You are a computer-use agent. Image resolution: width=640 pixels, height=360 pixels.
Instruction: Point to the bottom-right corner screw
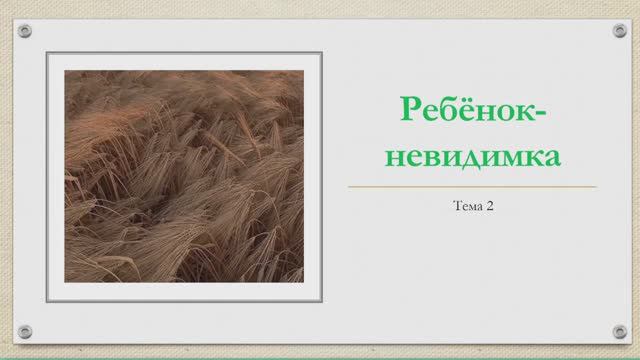click(619, 331)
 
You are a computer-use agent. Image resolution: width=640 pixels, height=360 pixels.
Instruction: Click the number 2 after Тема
click(491, 208)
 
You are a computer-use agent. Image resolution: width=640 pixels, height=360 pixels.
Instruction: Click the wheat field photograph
click(183, 175)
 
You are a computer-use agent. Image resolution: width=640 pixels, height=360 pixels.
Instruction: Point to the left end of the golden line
click(350, 186)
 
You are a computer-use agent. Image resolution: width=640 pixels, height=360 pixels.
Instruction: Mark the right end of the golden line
click(596, 186)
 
